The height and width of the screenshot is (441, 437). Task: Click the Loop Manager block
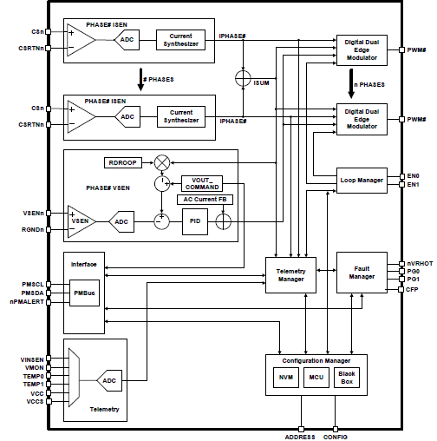pyautogui.click(x=361, y=181)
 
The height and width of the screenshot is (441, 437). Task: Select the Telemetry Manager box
pyautogui.click(x=290, y=275)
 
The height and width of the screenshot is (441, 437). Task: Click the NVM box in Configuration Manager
pyautogui.click(x=285, y=378)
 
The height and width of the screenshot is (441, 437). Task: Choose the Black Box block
pyautogui.click(x=347, y=378)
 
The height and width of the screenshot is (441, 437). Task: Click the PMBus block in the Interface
pyautogui.click(x=84, y=294)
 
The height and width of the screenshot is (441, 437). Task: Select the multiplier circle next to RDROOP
pyautogui.click(x=161, y=162)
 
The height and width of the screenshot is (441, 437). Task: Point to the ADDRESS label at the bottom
pyautogui.click(x=301, y=437)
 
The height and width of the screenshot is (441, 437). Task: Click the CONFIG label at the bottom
pyautogui.click(x=337, y=437)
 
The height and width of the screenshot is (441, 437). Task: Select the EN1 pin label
pyautogui.click(x=414, y=184)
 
